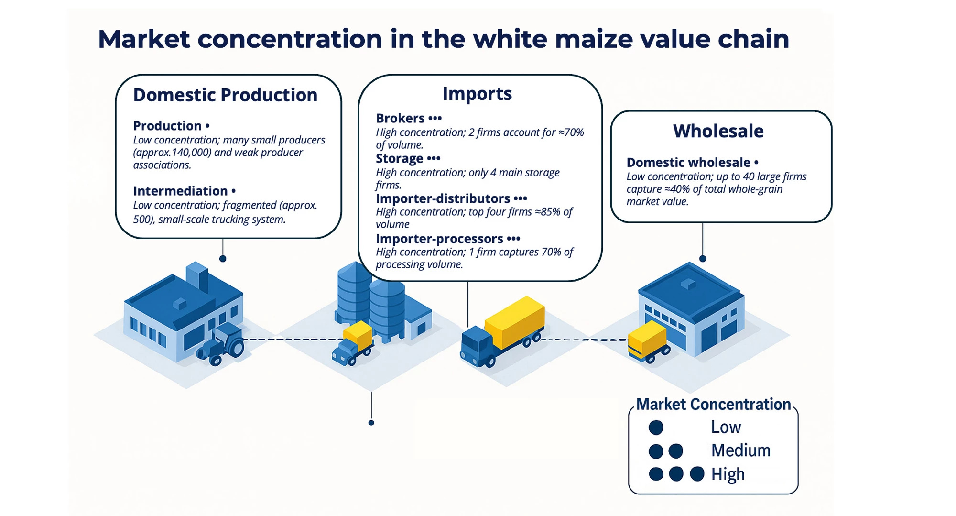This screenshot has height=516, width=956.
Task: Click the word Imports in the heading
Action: tap(477, 94)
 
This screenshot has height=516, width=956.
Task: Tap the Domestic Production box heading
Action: tap(225, 95)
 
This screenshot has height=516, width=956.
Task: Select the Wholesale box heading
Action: tap(718, 131)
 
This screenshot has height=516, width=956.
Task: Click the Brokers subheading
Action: tap(400, 118)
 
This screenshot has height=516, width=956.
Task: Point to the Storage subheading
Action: tap(400, 158)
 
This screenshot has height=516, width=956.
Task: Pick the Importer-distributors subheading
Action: tap(443, 198)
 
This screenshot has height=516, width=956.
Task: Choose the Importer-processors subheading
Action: tap(439, 239)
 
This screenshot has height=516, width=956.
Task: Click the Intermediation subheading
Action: tap(180, 191)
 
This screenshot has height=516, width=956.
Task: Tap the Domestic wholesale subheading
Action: tap(688, 163)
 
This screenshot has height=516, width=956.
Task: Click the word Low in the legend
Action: tap(726, 427)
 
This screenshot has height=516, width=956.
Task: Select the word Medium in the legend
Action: tap(740, 450)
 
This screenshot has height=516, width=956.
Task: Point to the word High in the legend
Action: tap(728, 474)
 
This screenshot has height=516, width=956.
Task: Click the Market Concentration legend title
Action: tap(713, 405)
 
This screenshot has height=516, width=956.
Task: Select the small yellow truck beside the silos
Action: tap(353, 343)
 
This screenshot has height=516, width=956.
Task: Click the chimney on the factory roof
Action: tap(196, 276)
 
